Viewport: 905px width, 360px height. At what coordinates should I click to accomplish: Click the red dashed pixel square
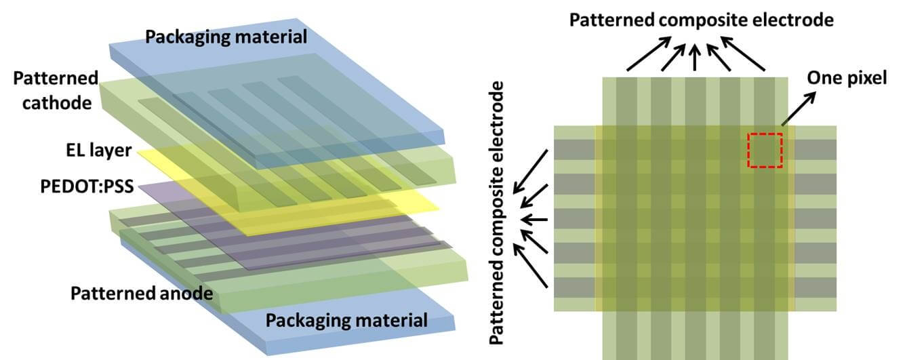tap(765, 150)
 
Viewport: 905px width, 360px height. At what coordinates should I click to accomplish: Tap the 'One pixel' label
tap(847, 78)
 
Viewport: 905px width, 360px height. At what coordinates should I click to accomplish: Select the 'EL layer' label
tap(102, 149)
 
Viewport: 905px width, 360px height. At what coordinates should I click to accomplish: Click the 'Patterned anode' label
tap(142, 294)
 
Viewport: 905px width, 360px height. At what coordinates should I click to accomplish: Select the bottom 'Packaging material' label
tap(346, 319)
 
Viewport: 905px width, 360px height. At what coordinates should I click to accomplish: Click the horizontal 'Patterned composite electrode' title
tap(701, 20)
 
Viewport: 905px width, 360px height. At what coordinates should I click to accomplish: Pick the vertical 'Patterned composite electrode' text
tap(500, 213)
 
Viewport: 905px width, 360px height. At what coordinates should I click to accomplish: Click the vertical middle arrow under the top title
tap(694, 58)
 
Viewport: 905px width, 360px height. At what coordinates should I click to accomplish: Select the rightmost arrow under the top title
tap(744, 54)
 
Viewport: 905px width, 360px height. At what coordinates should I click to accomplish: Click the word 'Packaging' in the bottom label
tap(301, 319)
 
